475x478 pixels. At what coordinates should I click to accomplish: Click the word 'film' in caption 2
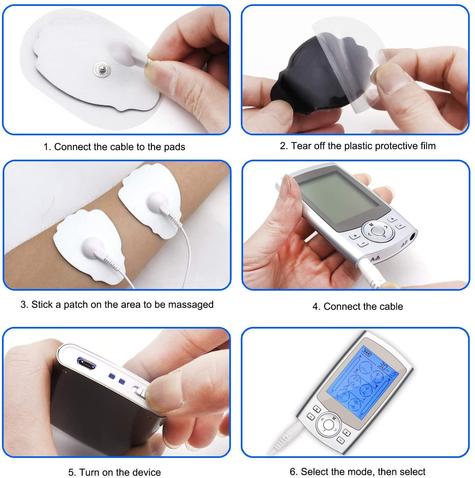pyautogui.click(x=428, y=146)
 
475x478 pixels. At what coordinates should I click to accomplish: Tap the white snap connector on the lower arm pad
pyautogui.click(x=92, y=247)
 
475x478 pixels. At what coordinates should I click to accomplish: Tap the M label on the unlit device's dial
pyautogui.click(x=371, y=225)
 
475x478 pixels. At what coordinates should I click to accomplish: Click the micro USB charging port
pyautogui.click(x=86, y=364)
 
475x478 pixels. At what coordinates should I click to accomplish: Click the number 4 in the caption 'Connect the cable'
pyautogui.click(x=315, y=306)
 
